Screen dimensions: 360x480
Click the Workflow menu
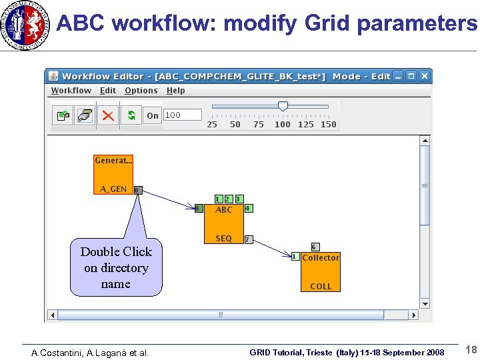pyautogui.click(x=71, y=91)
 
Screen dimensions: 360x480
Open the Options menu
pyautogui.click(x=141, y=91)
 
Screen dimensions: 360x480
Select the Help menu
pyautogui.click(x=176, y=91)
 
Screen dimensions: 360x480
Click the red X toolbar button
pyautogui.click(x=107, y=115)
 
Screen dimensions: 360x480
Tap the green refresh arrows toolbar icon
pyautogui.click(x=131, y=115)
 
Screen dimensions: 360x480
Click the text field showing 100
pyautogui.click(x=182, y=115)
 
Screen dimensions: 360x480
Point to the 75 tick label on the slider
pyautogui.click(x=259, y=125)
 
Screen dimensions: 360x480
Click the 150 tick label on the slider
pyautogui.click(x=329, y=125)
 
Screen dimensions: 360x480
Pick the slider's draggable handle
pyautogui.click(x=283, y=106)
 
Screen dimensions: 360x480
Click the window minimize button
pyautogui.click(x=399, y=77)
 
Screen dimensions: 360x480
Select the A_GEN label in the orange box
pyautogui.click(x=113, y=189)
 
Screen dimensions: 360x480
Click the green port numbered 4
pyautogui.click(x=247, y=208)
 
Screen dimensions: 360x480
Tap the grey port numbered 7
pyautogui.click(x=248, y=239)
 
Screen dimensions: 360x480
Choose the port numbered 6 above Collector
pyautogui.click(x=315, y=247)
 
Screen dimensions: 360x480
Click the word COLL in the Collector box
pyautogui.click(x=321, y=287)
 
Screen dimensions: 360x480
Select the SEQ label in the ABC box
pyautogui.click(x=224, y=239)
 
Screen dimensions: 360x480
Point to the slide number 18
pyautogui.click(x=471, y=350)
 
